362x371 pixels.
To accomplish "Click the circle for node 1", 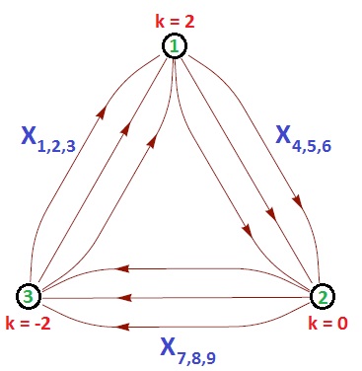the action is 175,45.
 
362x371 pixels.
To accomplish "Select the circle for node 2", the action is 323,295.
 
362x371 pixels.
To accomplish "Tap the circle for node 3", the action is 30,295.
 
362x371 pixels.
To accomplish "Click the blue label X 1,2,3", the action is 48,138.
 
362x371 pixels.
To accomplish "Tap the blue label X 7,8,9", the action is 186,347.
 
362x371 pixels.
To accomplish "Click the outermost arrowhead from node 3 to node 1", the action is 100,112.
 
